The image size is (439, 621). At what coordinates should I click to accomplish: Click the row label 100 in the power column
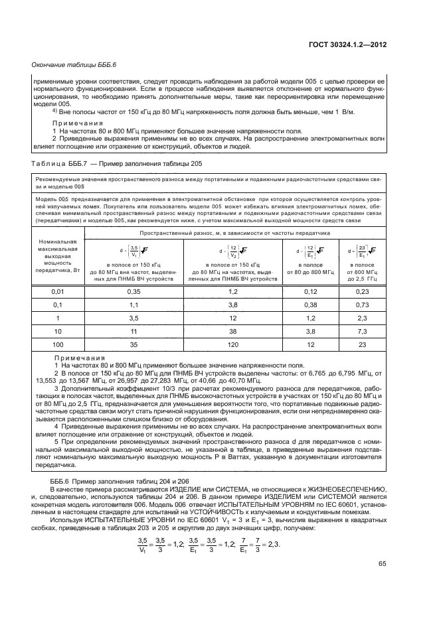click(x=58, y=346)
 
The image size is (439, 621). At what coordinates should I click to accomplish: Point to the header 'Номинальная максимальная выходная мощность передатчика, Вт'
click(x=58, y=257)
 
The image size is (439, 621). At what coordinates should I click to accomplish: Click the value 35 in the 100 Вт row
click(x=133, y=346)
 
